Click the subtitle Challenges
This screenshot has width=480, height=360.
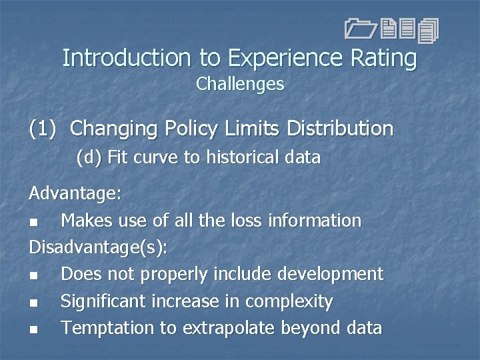tap(240, 85)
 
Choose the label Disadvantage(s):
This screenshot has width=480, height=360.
tap(98, 247)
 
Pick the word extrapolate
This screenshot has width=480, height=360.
tap(242, 328)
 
